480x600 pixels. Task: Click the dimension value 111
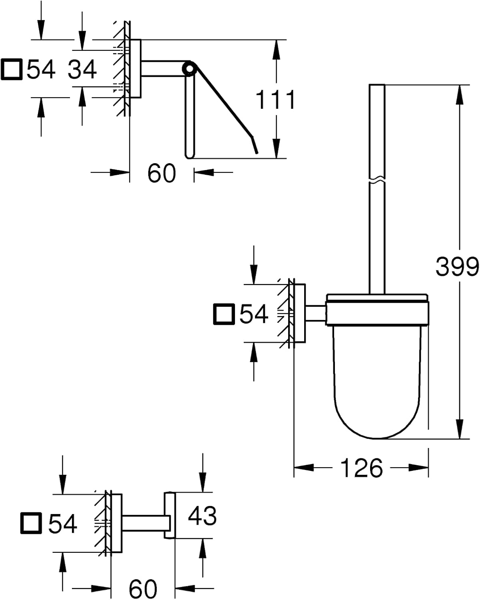point(275,100)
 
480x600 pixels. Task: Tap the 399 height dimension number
point(457,266)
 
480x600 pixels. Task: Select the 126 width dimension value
point(361,468)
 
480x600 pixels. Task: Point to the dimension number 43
point(202,516)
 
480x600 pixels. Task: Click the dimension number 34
point(82,69)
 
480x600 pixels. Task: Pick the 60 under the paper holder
point(161,173)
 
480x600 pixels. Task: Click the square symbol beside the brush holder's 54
point(224,314)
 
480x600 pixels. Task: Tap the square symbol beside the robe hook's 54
point(31,523)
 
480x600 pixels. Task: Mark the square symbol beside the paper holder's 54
point(12,69)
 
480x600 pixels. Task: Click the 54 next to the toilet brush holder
point(253,314)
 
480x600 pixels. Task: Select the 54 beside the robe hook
point(62,524)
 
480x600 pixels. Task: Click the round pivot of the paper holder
point(189,68)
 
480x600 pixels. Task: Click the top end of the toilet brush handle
point(377,85)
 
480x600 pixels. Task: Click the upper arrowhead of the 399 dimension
point(459,95)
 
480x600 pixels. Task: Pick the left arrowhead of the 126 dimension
point(304,468)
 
